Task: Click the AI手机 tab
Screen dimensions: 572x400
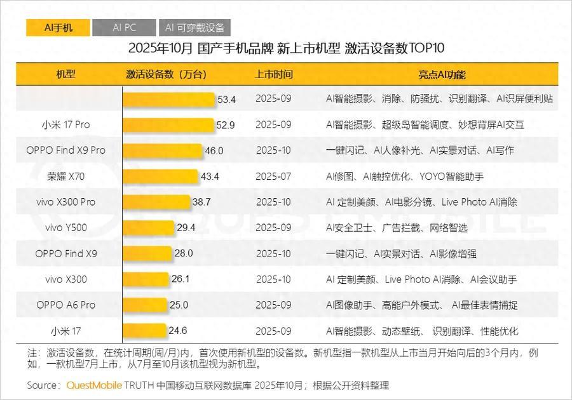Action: coord(58,28)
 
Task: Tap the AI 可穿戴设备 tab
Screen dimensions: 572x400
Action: coord(194,28)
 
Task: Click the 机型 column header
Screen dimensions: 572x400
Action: coord(65,74)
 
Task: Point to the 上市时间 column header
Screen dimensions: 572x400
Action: coord(274,74)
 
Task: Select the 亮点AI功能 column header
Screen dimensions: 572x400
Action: coord(441,74)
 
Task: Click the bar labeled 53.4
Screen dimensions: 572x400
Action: coord(169,99)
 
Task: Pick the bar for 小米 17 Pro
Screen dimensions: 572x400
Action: coord(168,125)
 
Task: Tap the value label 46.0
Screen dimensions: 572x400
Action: coord(214,151)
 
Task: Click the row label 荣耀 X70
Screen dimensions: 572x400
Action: coord(65,177)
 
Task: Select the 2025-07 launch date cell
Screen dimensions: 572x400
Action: coord(273,177)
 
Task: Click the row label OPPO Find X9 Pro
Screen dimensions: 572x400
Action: coord(65,150)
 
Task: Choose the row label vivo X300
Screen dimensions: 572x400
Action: coord(65,279)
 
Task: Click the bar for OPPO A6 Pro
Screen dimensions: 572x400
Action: coord(144,305)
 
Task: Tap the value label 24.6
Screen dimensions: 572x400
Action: coord(178,331)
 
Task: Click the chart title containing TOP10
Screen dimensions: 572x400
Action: coord(286,49)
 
